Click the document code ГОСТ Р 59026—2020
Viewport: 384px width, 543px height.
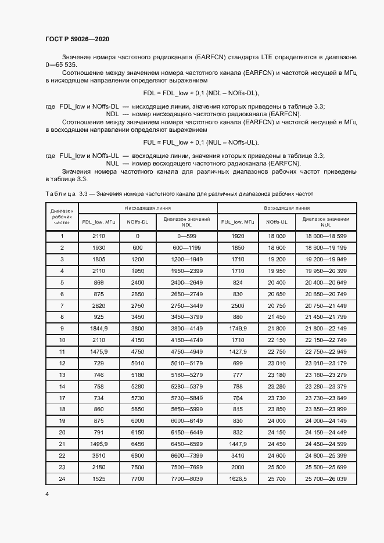77,39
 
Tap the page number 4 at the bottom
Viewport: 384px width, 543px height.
47,493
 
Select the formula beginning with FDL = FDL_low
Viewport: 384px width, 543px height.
200,93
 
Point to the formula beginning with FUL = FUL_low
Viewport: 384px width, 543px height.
200,142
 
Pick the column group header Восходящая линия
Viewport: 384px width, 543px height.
286,207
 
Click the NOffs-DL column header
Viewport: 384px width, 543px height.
138,222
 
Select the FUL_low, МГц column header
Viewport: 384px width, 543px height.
238,222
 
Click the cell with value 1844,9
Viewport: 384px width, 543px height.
99,328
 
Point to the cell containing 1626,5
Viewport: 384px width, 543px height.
238,479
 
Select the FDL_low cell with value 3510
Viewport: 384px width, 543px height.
99,455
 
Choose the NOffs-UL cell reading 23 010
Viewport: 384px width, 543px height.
277,364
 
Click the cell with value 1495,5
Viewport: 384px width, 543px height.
99,444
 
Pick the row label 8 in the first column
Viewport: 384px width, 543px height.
62,317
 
